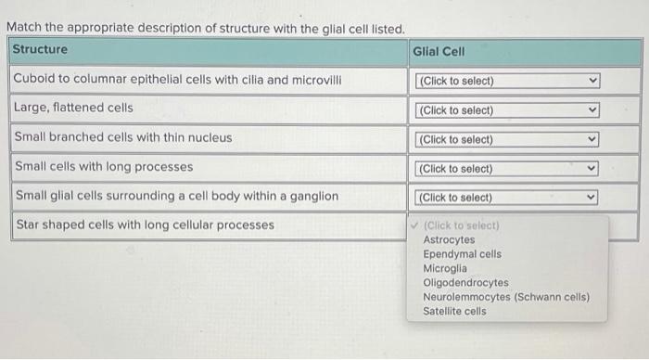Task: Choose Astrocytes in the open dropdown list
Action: tap(449, 239)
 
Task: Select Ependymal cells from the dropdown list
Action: tap(462, 253)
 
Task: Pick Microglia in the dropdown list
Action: tap(445, 268)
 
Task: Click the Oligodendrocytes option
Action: tap(465, 282)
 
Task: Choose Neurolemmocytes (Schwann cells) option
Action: tap(506, 297)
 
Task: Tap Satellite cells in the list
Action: tap(454, 311)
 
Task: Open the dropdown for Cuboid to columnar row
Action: tap(508, 81)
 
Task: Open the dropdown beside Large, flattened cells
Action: tap(508, 110)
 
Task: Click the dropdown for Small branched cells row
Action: tap(508, 140)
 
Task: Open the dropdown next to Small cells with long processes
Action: tap(508, 169)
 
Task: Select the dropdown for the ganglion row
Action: tap(508, 198)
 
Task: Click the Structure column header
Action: tap(41, 49)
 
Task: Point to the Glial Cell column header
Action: tap(439, 52)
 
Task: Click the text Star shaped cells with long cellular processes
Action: tap(145, 225)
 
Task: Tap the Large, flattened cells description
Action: tap(73, 108)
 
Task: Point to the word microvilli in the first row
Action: tap(318, 79)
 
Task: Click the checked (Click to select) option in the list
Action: tap(461, 225)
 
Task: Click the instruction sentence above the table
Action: tap(206, 29)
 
